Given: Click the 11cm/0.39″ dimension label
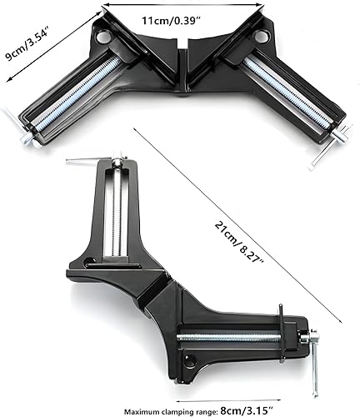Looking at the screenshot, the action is pyautogui.click(x=171, y=21).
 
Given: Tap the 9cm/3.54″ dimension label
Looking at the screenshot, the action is pyautogui.click(x=27, y=42).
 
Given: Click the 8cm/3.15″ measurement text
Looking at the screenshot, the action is pyautogui.click(x=247, y=410).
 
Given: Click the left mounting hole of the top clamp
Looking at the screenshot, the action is pyautogui.click(x=103, y=36).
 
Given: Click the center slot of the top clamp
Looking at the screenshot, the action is pyautogui.click(x=182, y=69).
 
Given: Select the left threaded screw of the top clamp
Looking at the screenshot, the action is pyautogui.click(x=78, y=93).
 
